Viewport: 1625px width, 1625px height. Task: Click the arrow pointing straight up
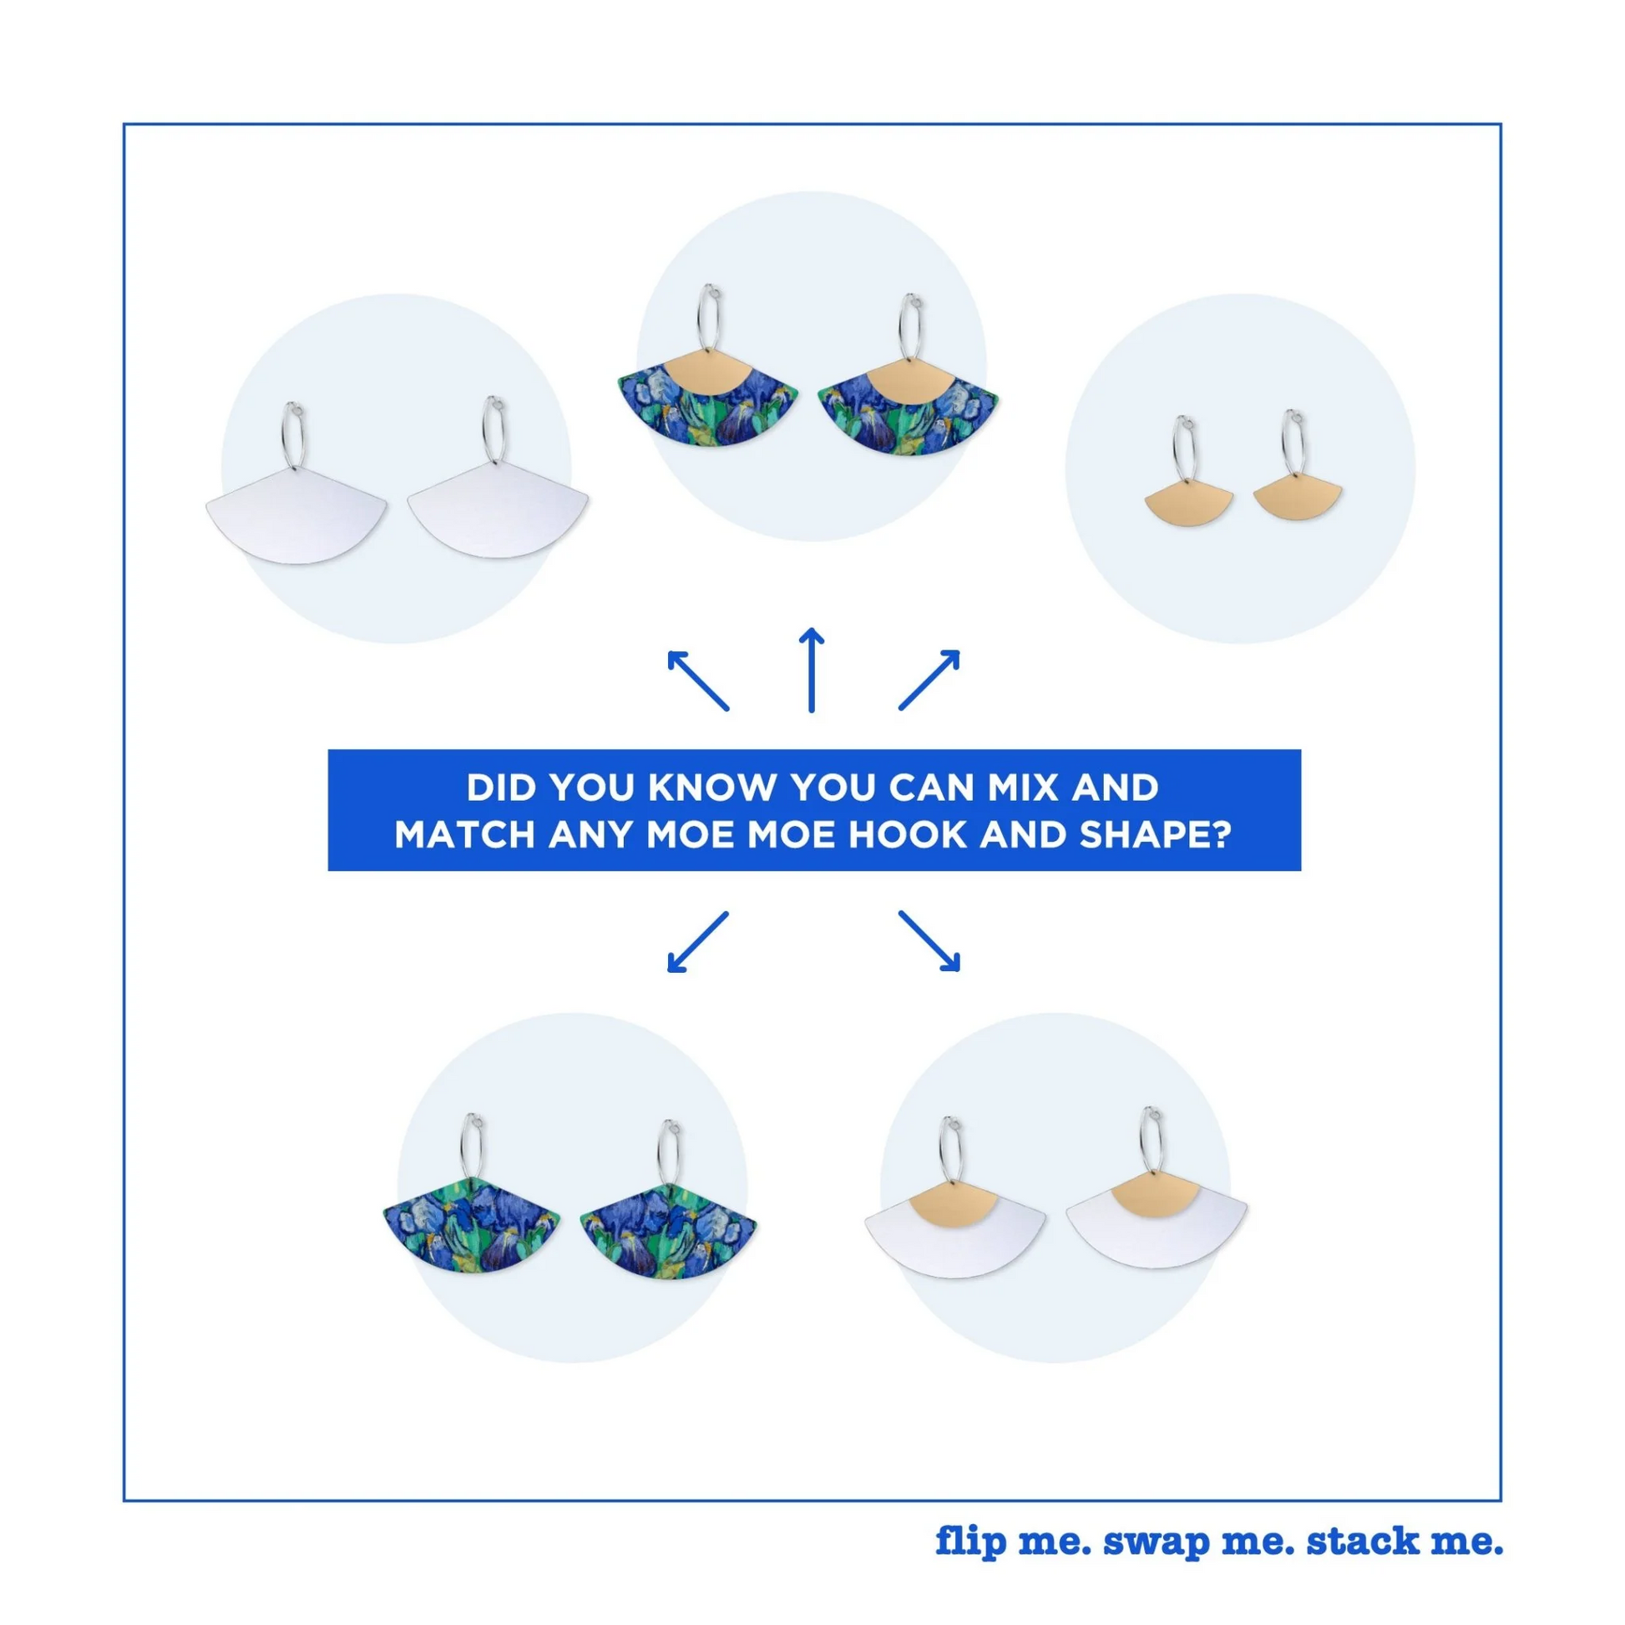click(811, 670)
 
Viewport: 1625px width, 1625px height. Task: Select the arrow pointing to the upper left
click(697, 681)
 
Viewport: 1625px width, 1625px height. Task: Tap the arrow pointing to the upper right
click(929, 680)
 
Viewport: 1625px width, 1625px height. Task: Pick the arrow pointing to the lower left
click(697, 942)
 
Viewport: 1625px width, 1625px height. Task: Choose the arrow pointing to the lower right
click(929, 941)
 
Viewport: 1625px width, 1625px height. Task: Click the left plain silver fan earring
click(296, 513)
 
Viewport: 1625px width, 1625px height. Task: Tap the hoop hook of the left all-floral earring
click(473, 1153)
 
